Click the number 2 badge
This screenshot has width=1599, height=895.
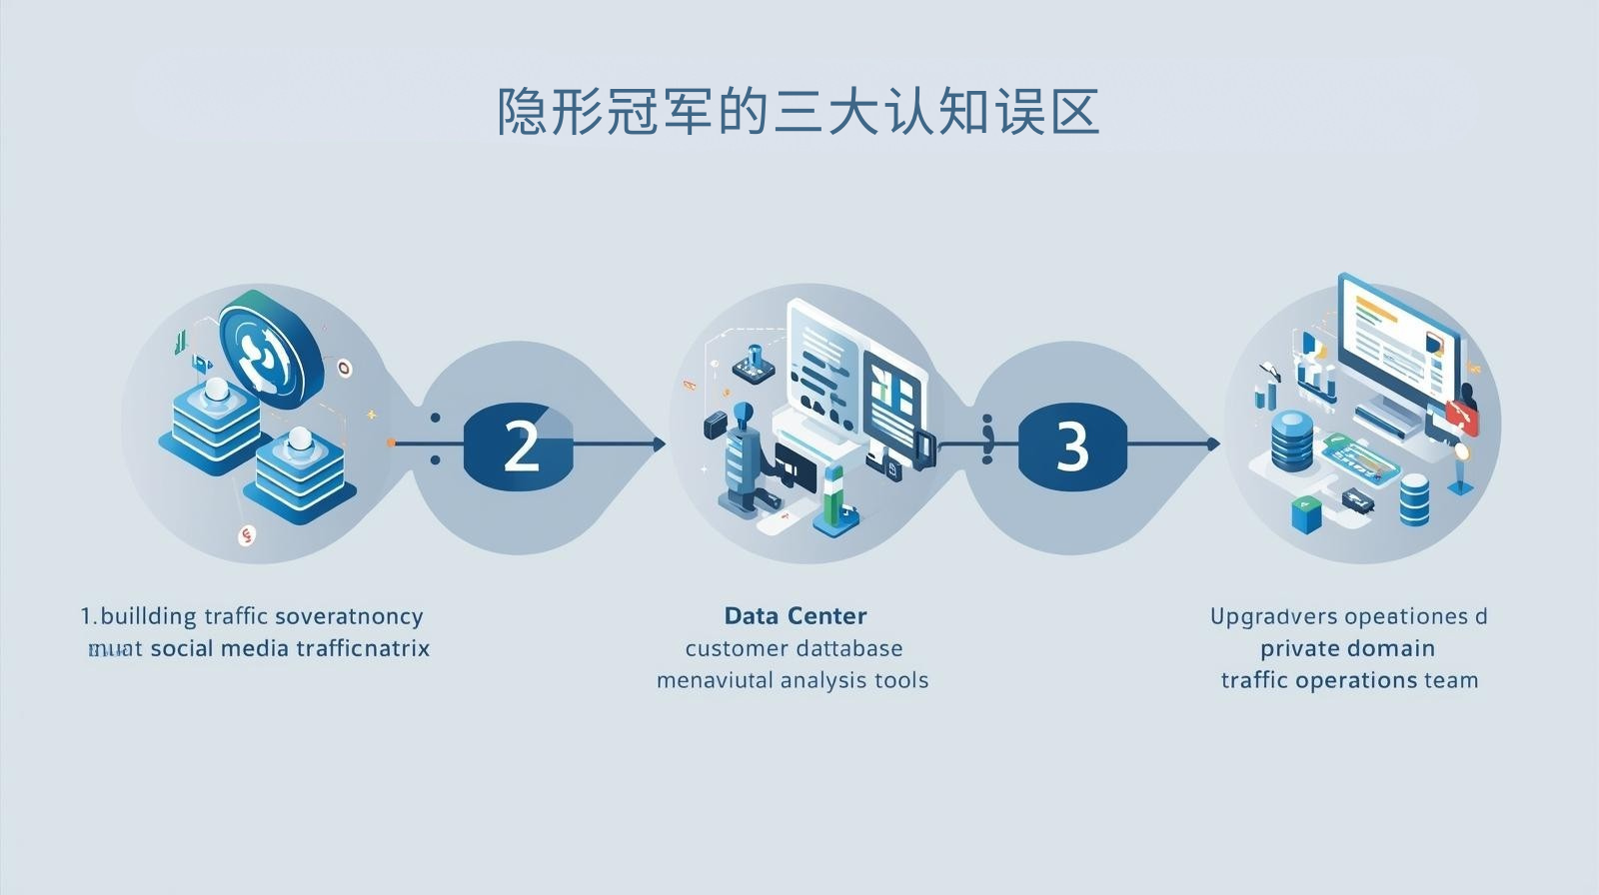coord(519,446)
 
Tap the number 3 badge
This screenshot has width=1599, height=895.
coord(1072,446)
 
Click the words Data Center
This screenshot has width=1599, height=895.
coord(796,615)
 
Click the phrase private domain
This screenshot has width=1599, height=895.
coord(1347,648)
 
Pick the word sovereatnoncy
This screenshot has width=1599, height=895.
coord(348,616)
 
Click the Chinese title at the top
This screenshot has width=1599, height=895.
coord(799,112)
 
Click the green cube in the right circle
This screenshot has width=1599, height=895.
coord(1305,513)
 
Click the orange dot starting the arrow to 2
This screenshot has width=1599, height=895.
coord(390,443)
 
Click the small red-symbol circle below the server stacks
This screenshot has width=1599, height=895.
coord(247,536)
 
